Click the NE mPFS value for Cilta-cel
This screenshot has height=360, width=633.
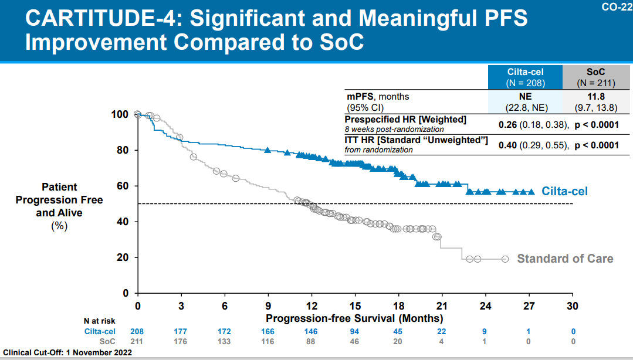[x=525, y=96]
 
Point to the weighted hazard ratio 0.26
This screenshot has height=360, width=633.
[x=507, y=124]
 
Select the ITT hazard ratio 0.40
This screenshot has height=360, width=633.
[x=507, y=145]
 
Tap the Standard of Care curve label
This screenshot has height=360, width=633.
[x=564, y=259]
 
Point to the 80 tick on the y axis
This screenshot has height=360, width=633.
[x=120, y=150]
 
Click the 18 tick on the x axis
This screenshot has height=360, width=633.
[x=398, y=305]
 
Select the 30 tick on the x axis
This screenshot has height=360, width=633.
[x=572, y=305]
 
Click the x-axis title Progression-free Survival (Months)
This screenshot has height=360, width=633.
[x=354, y=318]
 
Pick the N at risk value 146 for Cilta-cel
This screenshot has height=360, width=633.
[x=312, y=331]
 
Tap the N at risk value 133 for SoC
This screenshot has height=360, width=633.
[x=224, y=341]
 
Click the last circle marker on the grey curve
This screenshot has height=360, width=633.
[x=505, y=259]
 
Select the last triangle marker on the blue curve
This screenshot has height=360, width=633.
[x=531, y=192]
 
